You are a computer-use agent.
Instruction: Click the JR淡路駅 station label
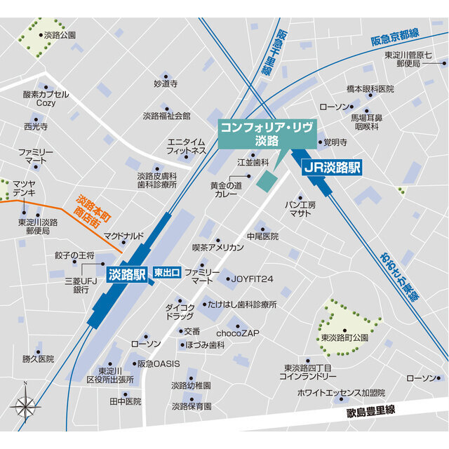pyautogui.click(x=333, y=168)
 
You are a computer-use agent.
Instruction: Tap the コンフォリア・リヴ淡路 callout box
pyautogui.click(x=268, y=134)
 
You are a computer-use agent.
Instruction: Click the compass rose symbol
pyautogui.click(x=25, y=405)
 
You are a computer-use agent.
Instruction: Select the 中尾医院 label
pyautogui.click(x=262, y=236)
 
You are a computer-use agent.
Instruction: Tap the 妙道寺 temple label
pyautogui.click(x=166, y=83)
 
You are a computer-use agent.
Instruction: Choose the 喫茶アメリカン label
pyautogui.click(x=217, y=248)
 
